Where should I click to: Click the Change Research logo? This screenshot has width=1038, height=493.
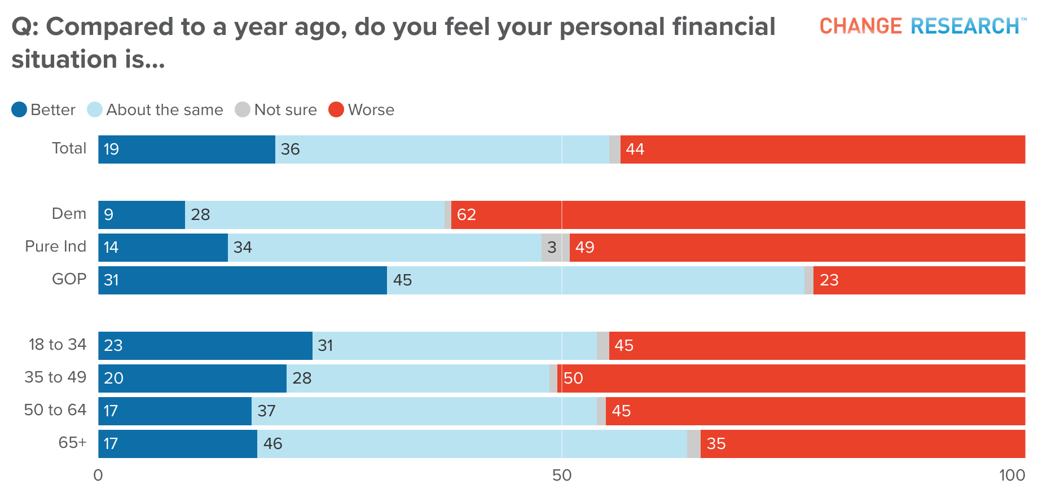point(921,26)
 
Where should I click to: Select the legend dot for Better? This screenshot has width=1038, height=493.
point(19,109)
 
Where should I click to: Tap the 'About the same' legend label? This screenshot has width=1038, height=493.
point(164,109)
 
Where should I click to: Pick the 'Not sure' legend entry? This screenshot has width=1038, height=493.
point(285,109)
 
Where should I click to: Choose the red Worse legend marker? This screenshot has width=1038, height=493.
point(336,109)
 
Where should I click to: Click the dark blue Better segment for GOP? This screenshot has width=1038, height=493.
point(243,280)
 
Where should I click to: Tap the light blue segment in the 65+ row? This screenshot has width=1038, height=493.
point(472,444)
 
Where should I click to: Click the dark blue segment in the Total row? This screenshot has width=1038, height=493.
point(187,149)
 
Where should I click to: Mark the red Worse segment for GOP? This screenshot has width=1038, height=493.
point(919,280)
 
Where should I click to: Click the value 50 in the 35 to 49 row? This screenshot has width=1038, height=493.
point(573,378)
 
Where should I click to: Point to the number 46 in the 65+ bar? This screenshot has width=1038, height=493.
point(272,443)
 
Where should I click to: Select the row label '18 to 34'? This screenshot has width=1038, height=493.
point(58,345)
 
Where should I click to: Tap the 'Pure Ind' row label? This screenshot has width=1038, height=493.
point(56,246)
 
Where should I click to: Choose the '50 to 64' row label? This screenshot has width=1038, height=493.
point(55,410)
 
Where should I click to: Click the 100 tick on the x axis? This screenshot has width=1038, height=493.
point(1012,476)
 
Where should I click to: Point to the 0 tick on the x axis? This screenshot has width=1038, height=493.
point(98,476)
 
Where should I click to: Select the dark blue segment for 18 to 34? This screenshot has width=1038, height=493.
point(205,346)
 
